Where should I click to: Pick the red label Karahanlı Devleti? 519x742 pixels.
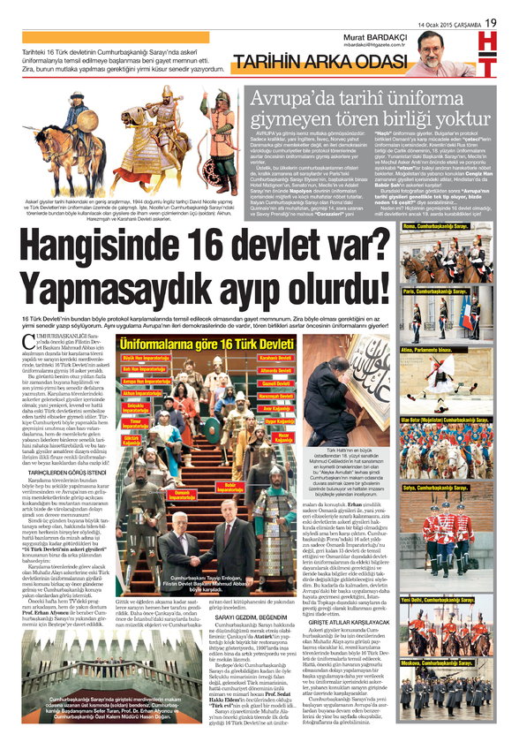[x=276, y=358]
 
